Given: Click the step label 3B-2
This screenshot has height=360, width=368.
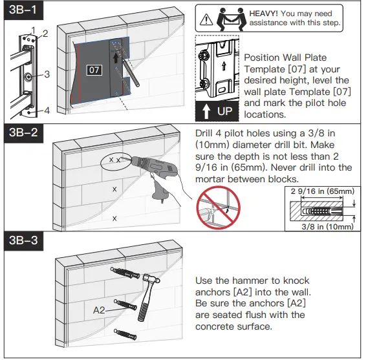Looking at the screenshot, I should pyautogui.click(x=21, y=134).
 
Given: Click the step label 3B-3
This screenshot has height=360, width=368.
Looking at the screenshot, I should pyautogui.click(x=21, y=241).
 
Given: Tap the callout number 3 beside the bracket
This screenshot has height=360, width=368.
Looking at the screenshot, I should pyautogui.click(x=47, y=75).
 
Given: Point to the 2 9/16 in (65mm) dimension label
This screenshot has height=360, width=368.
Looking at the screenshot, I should pyautogui.click(x=322, y=191).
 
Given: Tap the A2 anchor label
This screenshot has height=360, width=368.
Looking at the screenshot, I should pyautogui.click(x=99, y=310).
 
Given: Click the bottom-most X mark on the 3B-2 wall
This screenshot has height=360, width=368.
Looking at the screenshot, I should pyautogui.click(x=114, y=218).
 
